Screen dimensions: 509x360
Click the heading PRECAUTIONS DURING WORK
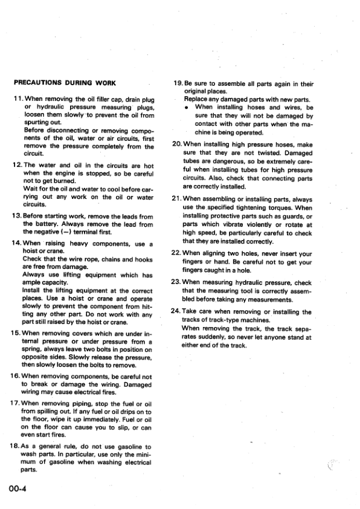pyautogui.click(x=65, y=83)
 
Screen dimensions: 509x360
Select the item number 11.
pyautogui.click(x=17, y=99)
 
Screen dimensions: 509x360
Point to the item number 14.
pyautogui.click(x=17, y=243)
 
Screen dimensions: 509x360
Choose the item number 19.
pyautogui.click(x=178, y=83)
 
